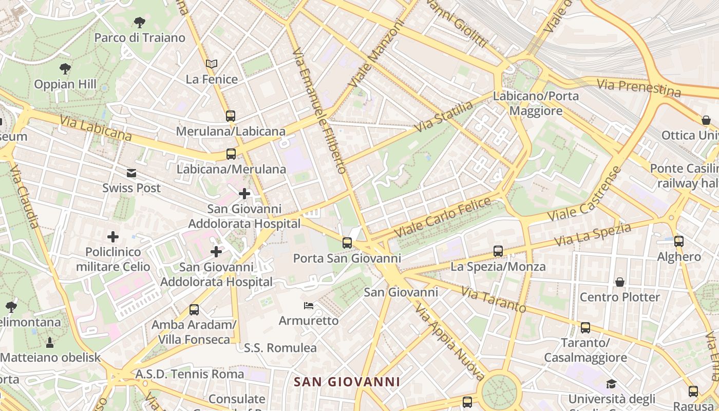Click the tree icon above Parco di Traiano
[139, 22]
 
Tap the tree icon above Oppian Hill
[65, 68]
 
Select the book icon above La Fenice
[212, 64]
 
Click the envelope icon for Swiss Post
[132, 173]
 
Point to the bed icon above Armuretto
[309, 306]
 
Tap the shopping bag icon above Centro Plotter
[620, 282]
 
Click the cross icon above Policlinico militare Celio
[113, 237]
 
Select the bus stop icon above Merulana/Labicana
[231, 116]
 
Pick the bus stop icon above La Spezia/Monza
[498, 251]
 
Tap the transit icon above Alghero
[679, 241]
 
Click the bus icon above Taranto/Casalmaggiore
[585, 328]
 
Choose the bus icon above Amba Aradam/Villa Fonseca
[194, 310]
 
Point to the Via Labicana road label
[96, 128]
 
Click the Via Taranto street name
[494, 300]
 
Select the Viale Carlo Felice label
[442, 218]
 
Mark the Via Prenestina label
[639, 88]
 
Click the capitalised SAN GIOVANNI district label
[347, 382]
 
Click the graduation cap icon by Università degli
[611, 384]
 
